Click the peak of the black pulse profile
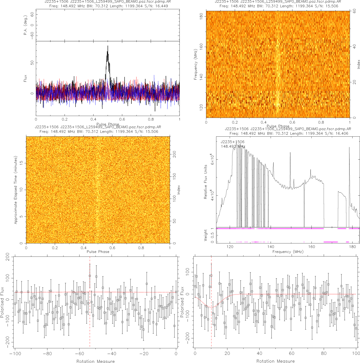(108, 46)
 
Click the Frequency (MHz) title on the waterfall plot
(195, 64)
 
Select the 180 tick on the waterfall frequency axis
(201, 16)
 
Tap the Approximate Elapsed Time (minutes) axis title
(16, 190)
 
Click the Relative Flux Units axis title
(206, 181)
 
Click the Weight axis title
(206, 235)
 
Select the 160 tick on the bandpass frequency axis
(312, 247)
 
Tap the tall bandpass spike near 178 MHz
(349, 148)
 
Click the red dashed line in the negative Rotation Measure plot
(90, 312)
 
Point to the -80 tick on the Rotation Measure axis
(47, 353)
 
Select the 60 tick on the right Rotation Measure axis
(292, 353)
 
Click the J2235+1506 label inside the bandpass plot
(232, 142)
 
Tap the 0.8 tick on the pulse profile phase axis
(151, 119)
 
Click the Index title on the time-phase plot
(179, 190)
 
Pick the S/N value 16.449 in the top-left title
(162, 6)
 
